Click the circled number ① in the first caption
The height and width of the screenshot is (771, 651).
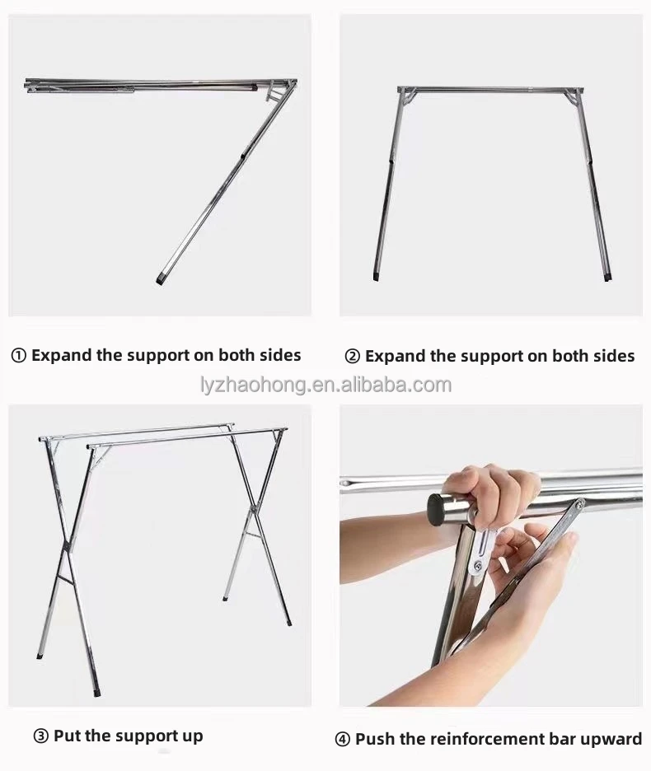pyautogui.click(x=18, y=356)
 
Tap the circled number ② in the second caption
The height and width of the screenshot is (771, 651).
pyautogui.click(x=353, y=357)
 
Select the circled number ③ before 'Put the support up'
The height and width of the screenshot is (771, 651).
pyautogui.click(x=40, y=736)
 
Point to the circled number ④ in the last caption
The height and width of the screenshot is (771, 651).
pyautogui.click(x=343, y=739)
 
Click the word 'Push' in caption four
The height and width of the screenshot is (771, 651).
pyautogui.click(x=375, y=739)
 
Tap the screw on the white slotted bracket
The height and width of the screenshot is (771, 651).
pyautogui.click(x=477, y=566)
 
